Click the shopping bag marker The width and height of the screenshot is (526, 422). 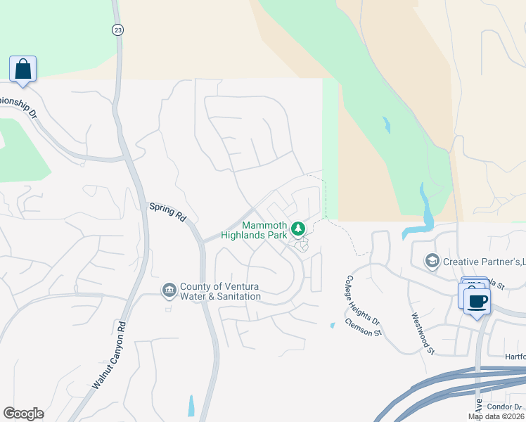coord(23,70)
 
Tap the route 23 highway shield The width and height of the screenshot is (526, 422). coord(117,29)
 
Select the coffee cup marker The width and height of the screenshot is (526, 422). coord(477,302)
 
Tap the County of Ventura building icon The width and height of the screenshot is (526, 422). coord(169,290)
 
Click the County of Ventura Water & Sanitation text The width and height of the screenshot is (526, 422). coord(220,291)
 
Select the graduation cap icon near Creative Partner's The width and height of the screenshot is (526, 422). coord(432,262)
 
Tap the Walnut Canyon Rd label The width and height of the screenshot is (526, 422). coord(108,356)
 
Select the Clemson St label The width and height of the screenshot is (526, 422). coord(363,327)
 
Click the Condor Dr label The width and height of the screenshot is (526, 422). coord(506,407)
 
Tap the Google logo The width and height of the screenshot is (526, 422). coord(23,414)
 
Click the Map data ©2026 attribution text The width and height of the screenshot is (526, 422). coord(496,416)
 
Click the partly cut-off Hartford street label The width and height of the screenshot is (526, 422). coord(514,357)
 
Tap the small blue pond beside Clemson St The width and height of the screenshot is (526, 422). coord(333,326)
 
